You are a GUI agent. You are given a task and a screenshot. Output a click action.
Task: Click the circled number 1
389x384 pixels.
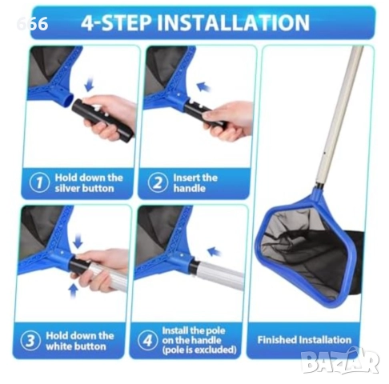(39, 182)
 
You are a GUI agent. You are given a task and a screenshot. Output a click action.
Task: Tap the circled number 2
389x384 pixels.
(158, 182)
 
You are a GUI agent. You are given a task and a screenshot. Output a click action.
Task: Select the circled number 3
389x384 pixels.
(30, 341)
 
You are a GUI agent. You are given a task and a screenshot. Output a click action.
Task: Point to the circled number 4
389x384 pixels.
(147, 340)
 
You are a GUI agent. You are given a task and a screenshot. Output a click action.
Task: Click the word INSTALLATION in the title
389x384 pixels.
(233, 22)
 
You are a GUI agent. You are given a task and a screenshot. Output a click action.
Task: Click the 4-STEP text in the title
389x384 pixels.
(117, 22)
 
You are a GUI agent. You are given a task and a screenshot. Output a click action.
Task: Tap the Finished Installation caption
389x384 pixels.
(304, 340)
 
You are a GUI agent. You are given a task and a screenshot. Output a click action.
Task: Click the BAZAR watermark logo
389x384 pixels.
(340, 361)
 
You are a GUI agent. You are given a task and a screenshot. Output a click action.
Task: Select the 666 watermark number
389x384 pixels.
(32, 23)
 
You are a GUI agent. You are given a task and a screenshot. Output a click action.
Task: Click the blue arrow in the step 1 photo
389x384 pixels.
(89, 84)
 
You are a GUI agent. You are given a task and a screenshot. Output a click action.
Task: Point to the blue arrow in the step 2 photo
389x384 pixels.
(203, 86)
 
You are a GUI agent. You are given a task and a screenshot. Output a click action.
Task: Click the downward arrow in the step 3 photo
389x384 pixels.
(78, 241)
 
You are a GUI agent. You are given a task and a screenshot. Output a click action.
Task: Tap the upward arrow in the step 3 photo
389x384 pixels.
(73, 291)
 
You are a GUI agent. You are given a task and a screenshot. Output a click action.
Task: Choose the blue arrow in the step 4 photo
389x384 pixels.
(214, 252)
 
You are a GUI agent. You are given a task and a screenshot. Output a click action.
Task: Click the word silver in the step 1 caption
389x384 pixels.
(67, 188)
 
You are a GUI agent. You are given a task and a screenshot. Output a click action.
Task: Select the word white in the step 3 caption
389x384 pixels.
(59, 346)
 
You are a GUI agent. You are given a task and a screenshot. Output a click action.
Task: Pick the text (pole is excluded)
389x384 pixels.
(199, 350)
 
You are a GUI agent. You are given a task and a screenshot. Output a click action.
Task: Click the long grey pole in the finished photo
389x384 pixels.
(339, 114)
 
